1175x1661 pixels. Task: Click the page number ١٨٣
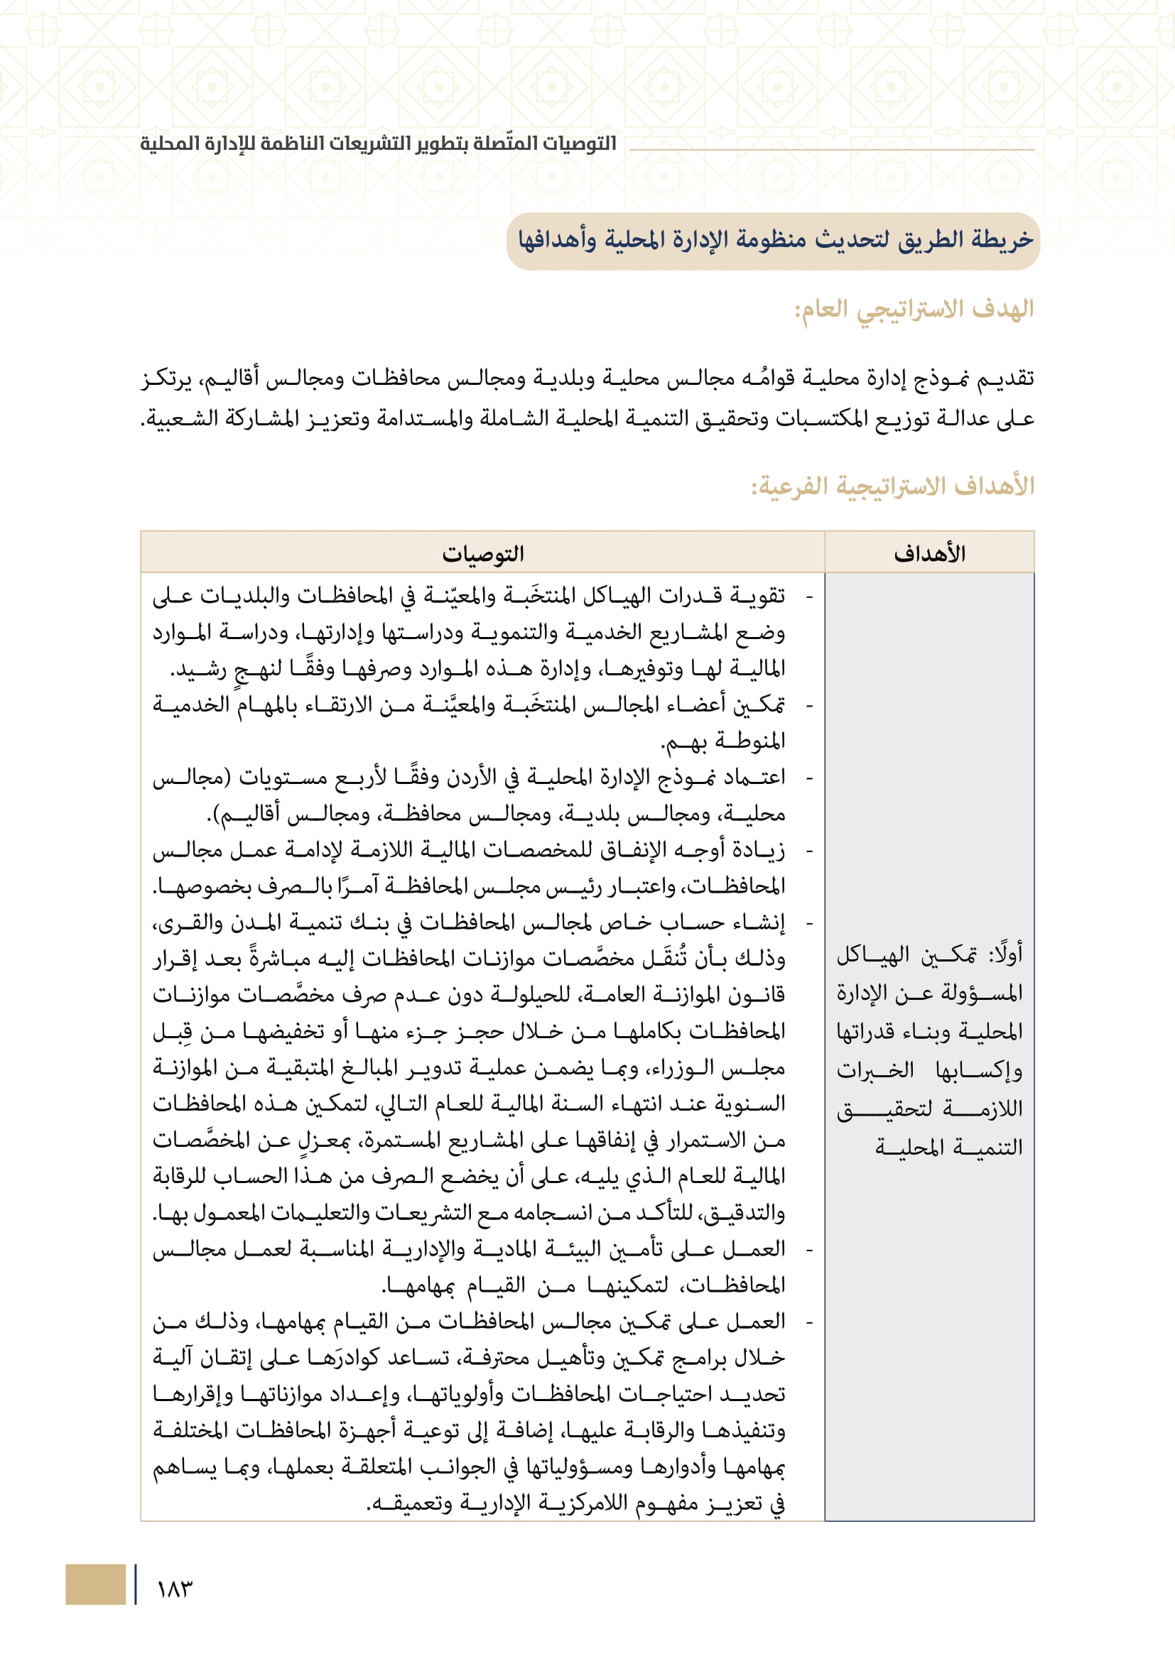[174, 1589]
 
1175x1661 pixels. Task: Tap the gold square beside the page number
[95, 1584]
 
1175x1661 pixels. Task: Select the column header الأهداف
[929, 554]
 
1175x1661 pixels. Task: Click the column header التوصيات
[482, 554]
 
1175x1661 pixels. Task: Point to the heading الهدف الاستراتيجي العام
[914, 310]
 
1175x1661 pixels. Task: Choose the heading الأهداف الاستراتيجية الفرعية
[892, 486]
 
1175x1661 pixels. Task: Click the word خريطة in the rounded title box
[1002, 239]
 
